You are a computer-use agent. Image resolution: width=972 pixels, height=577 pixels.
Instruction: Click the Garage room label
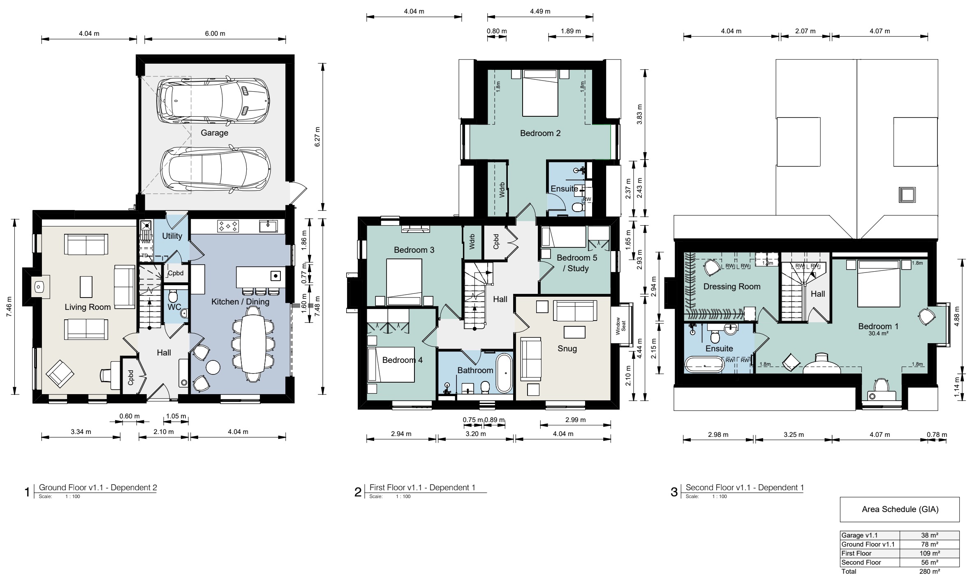click(x=214, y=133)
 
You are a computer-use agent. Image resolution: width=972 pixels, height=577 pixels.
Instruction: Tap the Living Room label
click(x=88, y=307)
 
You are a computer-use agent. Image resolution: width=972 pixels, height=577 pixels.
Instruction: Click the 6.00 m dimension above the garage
click(x=215, y=33)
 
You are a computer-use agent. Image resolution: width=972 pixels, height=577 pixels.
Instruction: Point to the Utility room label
click(x=172, y=236)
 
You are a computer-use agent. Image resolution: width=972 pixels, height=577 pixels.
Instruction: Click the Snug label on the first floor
click(x=567, y=349)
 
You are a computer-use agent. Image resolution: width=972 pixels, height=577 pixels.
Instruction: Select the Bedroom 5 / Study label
click(x=577, y=263)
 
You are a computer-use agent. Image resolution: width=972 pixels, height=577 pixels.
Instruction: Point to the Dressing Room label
click(x=732, y=286)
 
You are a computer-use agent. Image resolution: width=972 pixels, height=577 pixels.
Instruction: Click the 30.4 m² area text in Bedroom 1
click(x=878, y=334)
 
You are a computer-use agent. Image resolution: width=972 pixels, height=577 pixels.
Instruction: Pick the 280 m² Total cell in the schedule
click(x=930, y=571)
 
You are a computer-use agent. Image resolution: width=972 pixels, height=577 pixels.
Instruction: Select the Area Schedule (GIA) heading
click(x=900, y=509)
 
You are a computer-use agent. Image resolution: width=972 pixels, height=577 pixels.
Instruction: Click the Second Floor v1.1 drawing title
click(x=745, y=487)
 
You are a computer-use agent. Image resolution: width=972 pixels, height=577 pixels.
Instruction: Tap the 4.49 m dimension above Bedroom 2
click(x=540, y=11)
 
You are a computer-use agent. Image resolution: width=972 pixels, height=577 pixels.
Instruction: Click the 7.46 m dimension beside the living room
click(x=9, y=307)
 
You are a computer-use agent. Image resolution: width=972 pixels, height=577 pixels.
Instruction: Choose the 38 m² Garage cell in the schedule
click(x=930, y=535)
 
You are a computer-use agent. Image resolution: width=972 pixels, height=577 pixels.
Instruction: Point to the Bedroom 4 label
click(x=403, y=360)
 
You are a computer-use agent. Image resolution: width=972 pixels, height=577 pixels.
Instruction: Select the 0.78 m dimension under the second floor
click(x=937, y=434)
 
